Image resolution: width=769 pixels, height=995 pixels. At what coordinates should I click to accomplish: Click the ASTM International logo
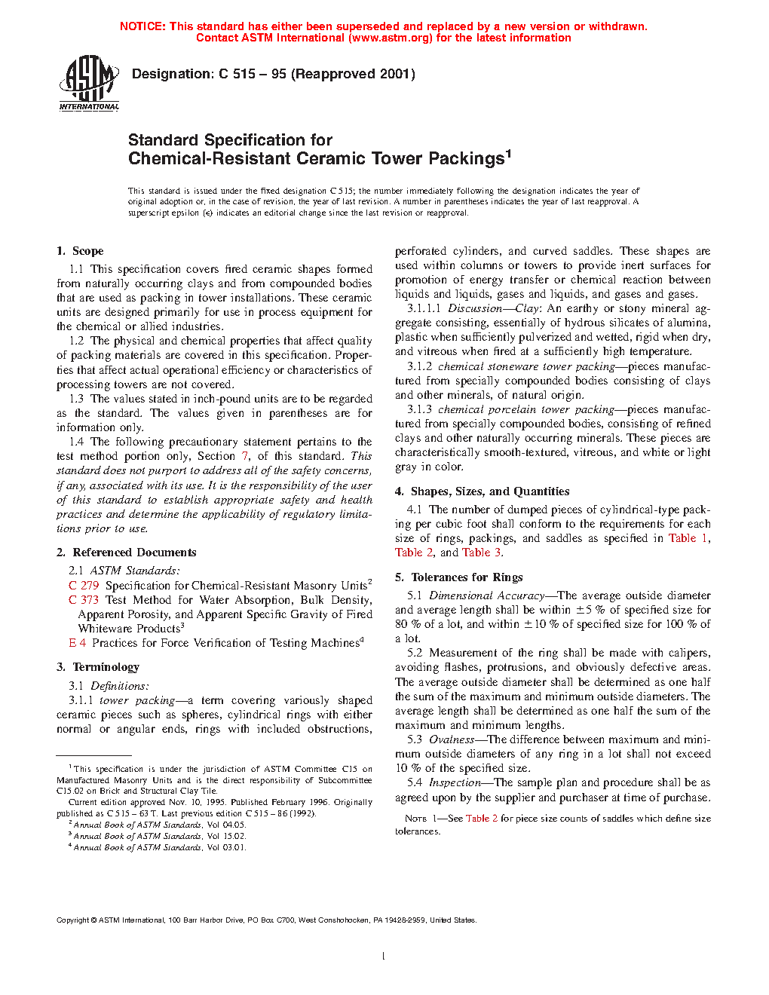click(x=89, y=83)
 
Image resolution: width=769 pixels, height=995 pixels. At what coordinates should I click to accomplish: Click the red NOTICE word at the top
click(x=142, y=26)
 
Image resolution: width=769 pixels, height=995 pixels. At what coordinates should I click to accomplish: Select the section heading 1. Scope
click(x=80, y=251)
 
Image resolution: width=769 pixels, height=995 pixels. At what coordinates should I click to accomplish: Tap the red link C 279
click(x=84, y=586)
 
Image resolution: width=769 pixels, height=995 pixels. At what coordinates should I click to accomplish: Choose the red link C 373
click(x=84, y=600)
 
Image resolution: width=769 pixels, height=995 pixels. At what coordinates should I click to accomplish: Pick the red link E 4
click(x=77, y=643)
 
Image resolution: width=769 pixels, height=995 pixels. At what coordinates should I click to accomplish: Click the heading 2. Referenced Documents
click(x=126, y=553)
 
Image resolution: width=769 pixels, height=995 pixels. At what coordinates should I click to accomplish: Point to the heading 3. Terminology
click(x=98, y=667)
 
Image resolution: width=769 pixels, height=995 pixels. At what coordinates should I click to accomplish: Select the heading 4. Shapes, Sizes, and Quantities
click(x=482, y=491)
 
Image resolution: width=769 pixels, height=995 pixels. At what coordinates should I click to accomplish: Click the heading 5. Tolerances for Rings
click(x=458, y=577)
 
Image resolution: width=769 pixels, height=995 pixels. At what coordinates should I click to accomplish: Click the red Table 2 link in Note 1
click(x=481, y=819)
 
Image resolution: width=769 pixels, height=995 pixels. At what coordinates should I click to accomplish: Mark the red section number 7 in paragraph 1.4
click(x=245, y=456)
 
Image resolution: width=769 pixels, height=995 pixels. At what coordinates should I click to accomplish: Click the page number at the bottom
click(x=384, y=957)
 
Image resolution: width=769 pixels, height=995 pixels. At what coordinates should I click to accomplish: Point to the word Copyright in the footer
click(x=72, y=920)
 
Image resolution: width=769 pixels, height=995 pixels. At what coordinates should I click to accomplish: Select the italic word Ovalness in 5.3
click(x=452, y=739)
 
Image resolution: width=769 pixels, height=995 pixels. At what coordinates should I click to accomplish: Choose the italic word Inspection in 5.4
click(x=455, y=782)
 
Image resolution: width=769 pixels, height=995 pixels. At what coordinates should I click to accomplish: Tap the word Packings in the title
click(x=466, y=159)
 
